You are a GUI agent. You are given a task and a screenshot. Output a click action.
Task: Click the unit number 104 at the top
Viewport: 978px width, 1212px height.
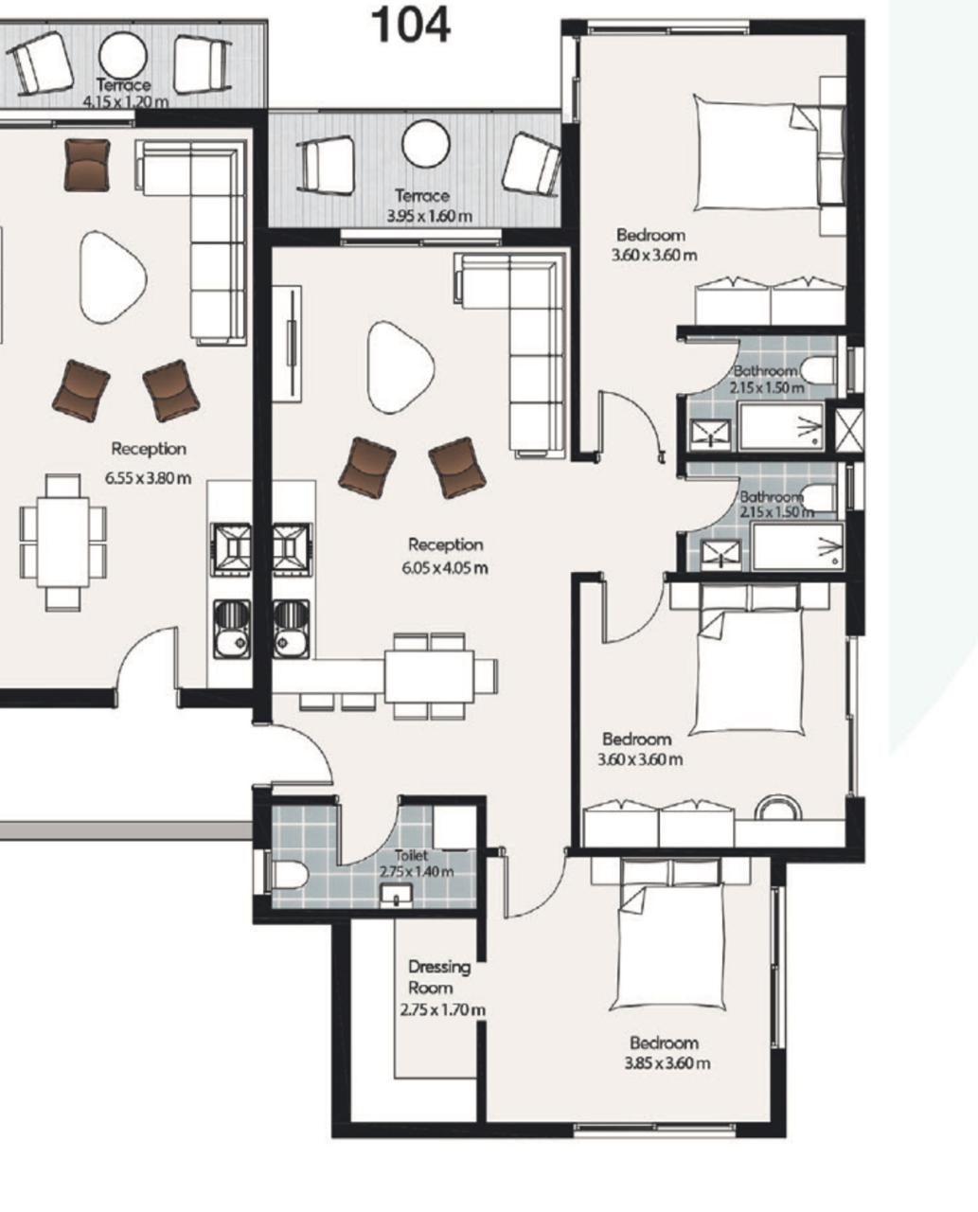[411, 26]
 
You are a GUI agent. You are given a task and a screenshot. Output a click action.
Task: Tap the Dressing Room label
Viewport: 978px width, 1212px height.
[439, 977]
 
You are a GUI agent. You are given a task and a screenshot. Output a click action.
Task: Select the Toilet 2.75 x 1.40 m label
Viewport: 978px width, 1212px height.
[417, 863]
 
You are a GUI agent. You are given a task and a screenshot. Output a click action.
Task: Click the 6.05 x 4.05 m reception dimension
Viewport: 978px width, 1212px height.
[445, 568]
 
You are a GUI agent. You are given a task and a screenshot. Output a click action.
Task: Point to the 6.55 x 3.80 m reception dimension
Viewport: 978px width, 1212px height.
[148, 478]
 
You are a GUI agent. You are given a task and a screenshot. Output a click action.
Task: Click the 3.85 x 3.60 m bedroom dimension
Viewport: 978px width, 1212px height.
[667, 1063]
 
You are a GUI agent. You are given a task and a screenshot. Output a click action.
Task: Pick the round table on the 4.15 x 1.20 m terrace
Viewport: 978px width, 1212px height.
[123, 56]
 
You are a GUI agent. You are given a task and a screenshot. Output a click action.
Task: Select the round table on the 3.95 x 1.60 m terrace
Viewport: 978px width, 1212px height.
[426, 143]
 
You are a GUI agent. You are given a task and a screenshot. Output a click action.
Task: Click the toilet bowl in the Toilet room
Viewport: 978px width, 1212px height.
[289, 875]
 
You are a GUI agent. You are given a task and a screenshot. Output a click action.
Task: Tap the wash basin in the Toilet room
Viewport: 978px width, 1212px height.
[396, 895]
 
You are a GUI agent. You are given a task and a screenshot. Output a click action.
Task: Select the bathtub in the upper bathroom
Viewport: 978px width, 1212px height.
[780, 426]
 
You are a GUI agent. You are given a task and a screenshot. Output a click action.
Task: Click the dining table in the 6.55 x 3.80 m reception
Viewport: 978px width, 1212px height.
[63, 543]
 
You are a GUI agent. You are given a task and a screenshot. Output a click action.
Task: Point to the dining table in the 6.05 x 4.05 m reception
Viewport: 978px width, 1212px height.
[429, 677]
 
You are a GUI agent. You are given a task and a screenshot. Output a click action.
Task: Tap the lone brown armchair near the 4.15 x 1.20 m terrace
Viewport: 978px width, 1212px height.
[87, 165]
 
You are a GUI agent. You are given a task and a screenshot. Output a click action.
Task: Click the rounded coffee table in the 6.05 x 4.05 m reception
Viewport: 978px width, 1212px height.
[400, 366]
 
